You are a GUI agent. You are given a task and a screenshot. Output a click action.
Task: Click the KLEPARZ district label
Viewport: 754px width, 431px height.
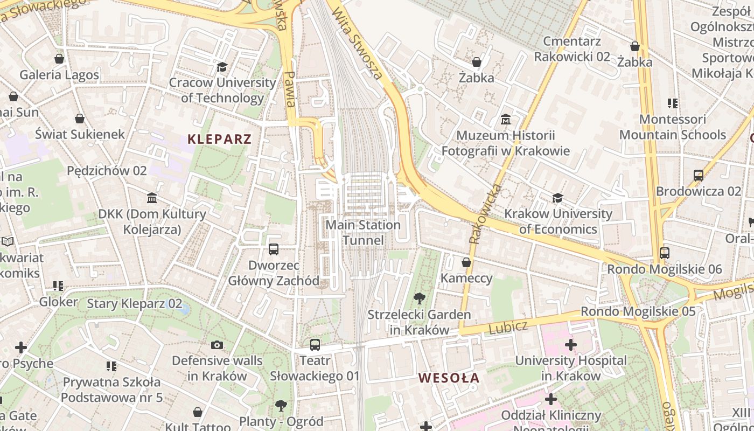point(219,139)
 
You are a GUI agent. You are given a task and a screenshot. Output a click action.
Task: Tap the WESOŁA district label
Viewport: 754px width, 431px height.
point(449,378)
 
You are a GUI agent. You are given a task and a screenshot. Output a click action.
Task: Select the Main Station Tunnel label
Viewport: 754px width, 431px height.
point(363,232)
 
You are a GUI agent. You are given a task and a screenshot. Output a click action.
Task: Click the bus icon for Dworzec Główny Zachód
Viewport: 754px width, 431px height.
point(274,249)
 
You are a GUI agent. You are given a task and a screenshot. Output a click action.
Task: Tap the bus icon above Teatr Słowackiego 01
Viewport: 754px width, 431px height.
point(315,344)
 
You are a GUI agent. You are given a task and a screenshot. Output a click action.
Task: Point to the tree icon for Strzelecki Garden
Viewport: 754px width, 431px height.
point(419,298)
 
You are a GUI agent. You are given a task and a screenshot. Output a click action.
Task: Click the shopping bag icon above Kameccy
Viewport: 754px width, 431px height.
point(466,262)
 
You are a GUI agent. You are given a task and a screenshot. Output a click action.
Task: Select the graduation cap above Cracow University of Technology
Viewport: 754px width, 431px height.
point(222,67)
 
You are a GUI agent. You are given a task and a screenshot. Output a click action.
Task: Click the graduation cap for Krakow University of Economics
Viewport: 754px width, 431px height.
point(557,198)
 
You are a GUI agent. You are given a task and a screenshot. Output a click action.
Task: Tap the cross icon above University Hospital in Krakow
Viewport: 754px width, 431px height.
point(571,344)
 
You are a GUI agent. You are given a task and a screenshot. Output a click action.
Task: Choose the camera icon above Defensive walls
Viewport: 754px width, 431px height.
point(217,345)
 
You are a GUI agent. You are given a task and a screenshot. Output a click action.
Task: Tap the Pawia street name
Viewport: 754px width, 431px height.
point(290,89)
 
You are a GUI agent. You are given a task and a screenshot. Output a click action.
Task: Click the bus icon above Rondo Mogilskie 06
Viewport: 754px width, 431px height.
point(664,253)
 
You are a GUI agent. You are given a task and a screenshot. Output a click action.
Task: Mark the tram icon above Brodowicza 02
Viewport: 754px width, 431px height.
point(699,175)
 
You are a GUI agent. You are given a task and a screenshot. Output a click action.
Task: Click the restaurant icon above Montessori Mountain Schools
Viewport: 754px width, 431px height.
point(672,103)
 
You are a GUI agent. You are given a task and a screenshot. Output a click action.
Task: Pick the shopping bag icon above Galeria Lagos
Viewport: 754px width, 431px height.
point(59,59)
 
